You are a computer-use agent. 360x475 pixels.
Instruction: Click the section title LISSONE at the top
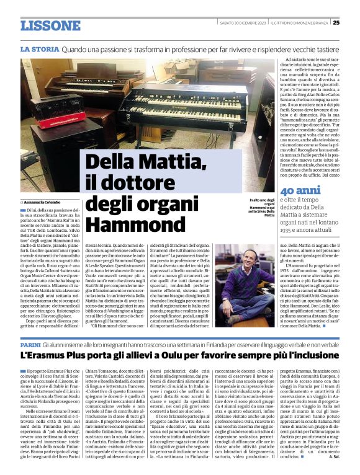coord(50,25)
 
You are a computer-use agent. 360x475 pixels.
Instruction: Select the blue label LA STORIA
coord(39,48)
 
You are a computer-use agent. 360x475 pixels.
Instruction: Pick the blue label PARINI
coord(30,344)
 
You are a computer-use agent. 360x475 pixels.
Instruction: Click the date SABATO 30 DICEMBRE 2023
coord(241,23)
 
